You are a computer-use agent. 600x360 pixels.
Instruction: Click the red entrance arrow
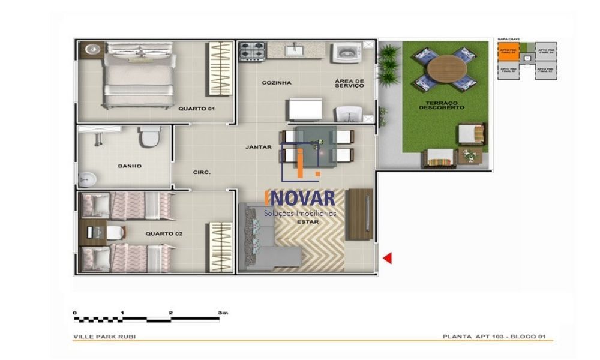(388, 258)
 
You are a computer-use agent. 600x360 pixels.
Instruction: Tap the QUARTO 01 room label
(196, 109)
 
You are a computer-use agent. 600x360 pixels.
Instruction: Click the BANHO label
(130, 166)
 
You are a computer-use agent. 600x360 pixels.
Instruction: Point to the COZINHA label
(277, 83)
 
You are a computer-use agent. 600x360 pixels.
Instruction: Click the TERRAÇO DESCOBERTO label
(442, 106)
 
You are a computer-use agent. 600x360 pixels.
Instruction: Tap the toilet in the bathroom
(148, 137)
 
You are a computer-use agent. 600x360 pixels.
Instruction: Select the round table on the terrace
(445, 67)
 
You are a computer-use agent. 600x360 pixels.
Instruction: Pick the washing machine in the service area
(346, 53)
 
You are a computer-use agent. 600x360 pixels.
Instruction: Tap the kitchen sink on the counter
(295, 50)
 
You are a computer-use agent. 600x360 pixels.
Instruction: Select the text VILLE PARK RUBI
(104, 337)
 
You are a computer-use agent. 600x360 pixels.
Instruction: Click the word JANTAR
(259, 147)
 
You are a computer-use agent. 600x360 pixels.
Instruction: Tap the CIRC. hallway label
(202, 172)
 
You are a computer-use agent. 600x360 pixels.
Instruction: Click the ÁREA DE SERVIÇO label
(350, 83)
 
